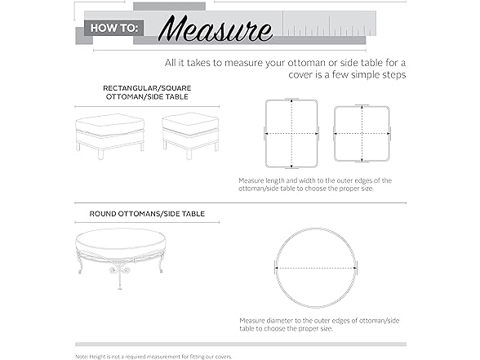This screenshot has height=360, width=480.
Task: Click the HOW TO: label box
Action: [114, 28]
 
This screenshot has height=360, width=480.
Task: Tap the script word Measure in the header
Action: [216, 28]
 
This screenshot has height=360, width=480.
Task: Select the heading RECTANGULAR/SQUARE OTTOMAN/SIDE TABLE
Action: [147, 92]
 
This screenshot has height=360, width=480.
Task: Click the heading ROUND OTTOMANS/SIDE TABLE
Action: [147, 214]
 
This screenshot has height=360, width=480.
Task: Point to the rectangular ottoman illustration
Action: [110, 136]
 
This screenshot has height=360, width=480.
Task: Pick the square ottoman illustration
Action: [190, 136]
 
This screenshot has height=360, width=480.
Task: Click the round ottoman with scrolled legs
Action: [121, 258]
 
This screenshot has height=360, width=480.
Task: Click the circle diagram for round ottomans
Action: [316, 229]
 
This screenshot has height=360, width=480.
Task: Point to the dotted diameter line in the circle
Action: [316, 268]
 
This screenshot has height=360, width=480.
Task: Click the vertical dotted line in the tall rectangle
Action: [291, 134]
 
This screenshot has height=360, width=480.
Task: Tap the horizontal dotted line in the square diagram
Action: [362, 134]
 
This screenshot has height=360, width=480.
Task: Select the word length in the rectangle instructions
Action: [274, 180]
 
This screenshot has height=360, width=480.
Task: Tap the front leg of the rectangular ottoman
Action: [100, 154]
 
